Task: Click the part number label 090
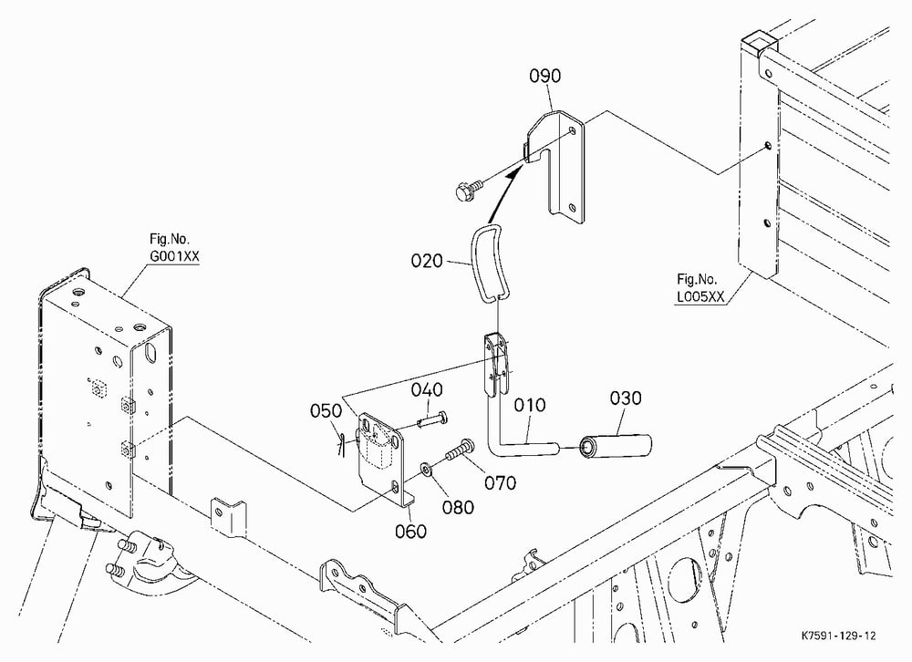(x=545, y=76)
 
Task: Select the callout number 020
(x=427, y=261)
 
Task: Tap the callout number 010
(x=530, y=405)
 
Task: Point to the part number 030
(x=626, y=398)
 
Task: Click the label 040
(x=427, y=389)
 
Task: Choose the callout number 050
(x=326, y=410)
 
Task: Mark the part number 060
(x=410, y=531)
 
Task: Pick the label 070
(x=500, y=483)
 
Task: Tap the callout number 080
(x=459, y=507)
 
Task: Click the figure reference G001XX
(x=174, y=256)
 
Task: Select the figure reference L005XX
(x=700, y=296)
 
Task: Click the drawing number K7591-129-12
(x=838, y=636)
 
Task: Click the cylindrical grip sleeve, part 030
(x=615, y=445)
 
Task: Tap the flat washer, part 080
(x=426, y=469)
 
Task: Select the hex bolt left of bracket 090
(x=468, y=189)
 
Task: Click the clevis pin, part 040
(x=433, y=419)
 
